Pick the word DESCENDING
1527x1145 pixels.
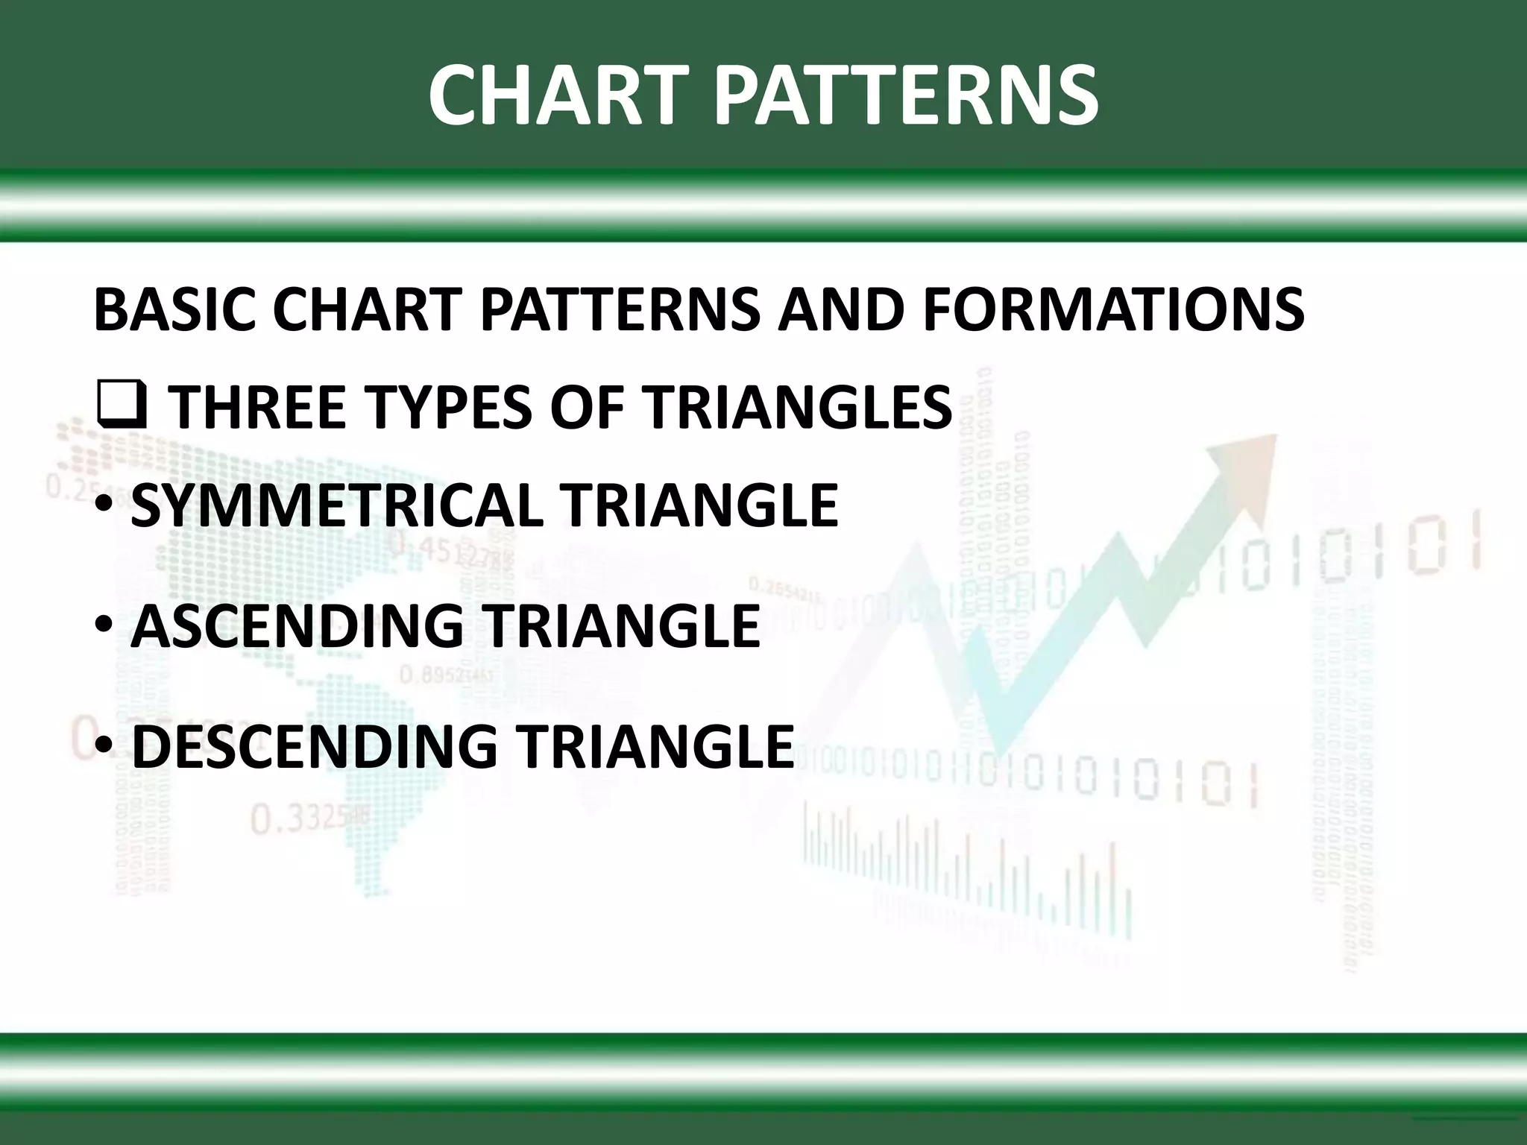(314, 746)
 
